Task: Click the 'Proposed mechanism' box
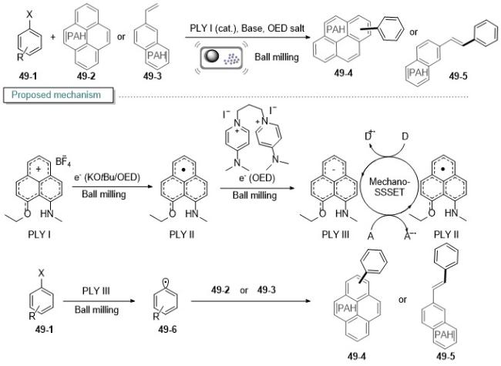[x=59, y=96]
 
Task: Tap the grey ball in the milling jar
[x=211, y=56]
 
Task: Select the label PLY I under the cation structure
[x=39, y=234]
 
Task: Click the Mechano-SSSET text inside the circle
[x=389, y=186]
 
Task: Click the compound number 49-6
[x=167, y=329]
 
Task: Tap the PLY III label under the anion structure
[x=335, y=234]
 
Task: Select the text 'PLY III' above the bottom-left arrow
[x=96, y=291]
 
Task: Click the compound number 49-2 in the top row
[x=86, y=76]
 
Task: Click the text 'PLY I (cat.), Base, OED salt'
[x=247, y=28]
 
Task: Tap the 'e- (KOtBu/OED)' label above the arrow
[x=107, y=177]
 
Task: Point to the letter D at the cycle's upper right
[x=405, y=136]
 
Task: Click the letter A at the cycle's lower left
[x=370, y=236]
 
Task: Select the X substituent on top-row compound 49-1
[x=29, y=14]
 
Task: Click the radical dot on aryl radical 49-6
[x=166, y=282]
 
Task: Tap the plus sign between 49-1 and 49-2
[x=52, y=37]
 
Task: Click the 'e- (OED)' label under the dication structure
[x=257, y=177]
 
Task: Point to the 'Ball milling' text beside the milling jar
[x=277, y=57]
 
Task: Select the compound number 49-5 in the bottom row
[x=445, y=356]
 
